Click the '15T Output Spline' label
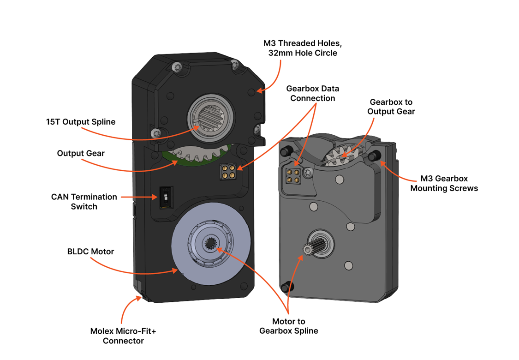[x=81, y=122]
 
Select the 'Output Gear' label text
[x=81, y=153]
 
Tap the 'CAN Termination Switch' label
[x=84, y=202]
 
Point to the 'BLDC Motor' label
[x=90, y=252]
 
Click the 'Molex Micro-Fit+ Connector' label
[x=123, y=336]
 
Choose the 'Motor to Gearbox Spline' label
[x=288, y=326]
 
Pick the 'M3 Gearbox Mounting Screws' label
[x=444, y=183]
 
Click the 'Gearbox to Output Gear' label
[x=391, y=107]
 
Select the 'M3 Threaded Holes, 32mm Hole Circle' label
[x=302, y=48]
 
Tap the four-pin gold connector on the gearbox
[x=292, y=176]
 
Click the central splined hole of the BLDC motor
[x=212, y=243]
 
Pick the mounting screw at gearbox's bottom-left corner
[x=286, y=287]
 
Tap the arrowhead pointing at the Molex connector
[x=139, y=298]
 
